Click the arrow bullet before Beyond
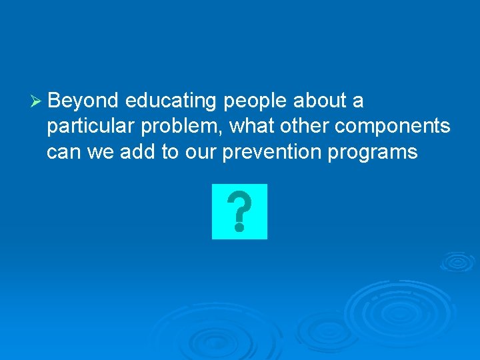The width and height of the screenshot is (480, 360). (37, 101)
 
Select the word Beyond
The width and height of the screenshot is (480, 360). (83, 101)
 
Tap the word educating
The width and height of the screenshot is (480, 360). (171, 101)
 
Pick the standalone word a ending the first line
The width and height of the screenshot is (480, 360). (358, 101)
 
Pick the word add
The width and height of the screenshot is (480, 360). (137, 151)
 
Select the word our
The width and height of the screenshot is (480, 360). (203, 153)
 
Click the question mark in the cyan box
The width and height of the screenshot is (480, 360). (239, 211)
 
